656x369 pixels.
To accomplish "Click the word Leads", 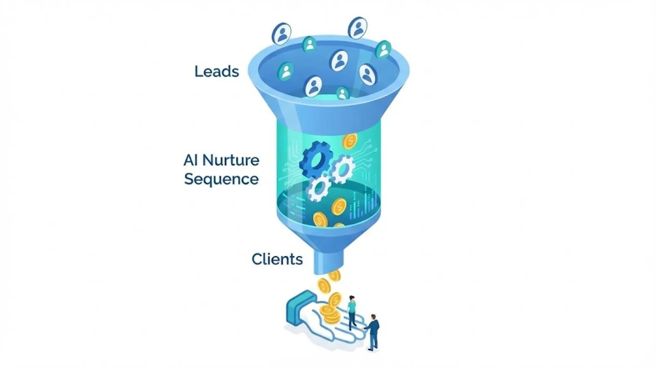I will pyautogui.click(x=217, y=71).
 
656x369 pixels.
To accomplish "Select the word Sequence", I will pyautogui.click(x=221, y=179).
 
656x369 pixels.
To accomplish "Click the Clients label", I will pyautogui.click(x=277, y=259).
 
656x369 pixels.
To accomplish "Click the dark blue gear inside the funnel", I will pyautogui.click(x=316, y=159).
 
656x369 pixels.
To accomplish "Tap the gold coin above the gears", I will pyautogui.click(x=350, y=141).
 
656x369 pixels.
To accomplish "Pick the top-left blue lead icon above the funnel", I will pyautogui.click(x=282, y=33).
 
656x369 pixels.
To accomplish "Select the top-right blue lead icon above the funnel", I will pyautogui.click(x=358, y=28).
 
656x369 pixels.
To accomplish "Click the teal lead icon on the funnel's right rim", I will pyautogui.click(x=383, y=50).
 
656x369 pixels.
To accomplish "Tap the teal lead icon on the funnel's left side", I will pyautogui.click(x=285, y=71).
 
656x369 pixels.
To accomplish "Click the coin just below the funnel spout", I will pyautogui.click(x=334, y=275).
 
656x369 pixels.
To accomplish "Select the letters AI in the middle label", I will pyautogui.click(x=190, y=160).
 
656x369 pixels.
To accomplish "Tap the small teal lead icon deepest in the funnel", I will pyautogui.click(x=342, y=93).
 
